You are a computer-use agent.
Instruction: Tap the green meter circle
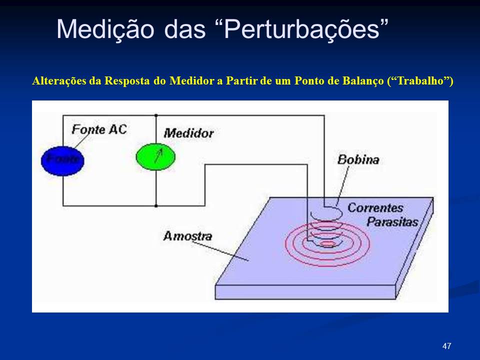[x=156, y=157]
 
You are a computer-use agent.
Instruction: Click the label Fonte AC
[x=99, y=129]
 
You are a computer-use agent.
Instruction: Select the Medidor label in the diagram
[x=188, y=133]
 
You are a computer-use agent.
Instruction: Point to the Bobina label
[x=358, y=159]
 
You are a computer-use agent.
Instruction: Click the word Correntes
[x=375, y=208]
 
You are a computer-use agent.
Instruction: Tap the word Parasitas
[x=392, y=221]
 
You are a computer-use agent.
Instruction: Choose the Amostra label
[x=187, y=236]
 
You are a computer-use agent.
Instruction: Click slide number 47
[x=446, y=346]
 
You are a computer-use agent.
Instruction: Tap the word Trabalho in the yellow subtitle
[x=420, y=81]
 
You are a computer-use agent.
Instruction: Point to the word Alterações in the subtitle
[x=59, y=81]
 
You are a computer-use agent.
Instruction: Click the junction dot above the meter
[x=156, y=115]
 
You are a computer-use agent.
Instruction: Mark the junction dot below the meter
[x=156, y=205]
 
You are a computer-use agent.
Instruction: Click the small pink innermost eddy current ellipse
[x=327, y=243]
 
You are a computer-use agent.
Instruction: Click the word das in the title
[x=184, y=29]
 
